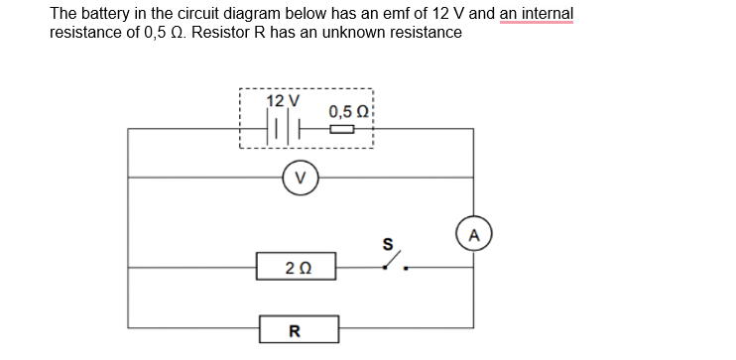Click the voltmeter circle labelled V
(300, 179)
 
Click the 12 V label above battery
(282, 101)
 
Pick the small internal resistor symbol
(340, 128)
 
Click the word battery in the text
(106, 14)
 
